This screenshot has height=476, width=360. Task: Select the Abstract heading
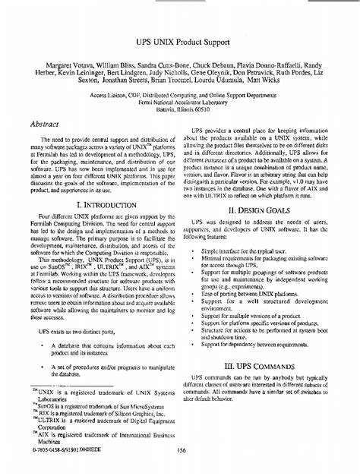(x=47, y=121)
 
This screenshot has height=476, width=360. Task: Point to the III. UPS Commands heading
(x=263, y=386)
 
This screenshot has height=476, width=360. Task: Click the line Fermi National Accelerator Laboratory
(x=180, y=103)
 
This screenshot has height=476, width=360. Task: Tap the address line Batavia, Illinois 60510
(x=180, y=110)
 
